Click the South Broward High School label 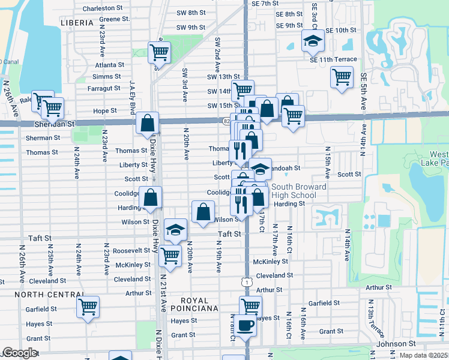pyautogui.click(x=298, y=191)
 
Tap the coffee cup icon pyautogui.click(x=244, y=325)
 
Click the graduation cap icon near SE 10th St pyautogui.click(x=311, y=41)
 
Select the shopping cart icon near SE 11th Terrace pyautogui.click(x=341, y=76)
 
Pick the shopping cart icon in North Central pyautogui.click(x=88, y=307)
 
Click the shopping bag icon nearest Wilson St pyautogui.click(x=203, y=211)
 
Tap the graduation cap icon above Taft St pyautogui.click(x=175, y=230)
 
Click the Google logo pyautogui.click(x=20, y=353)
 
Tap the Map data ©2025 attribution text pyautogui.click(x=423, y=355)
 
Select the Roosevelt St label pyautogui.click(x=132, y=250)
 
